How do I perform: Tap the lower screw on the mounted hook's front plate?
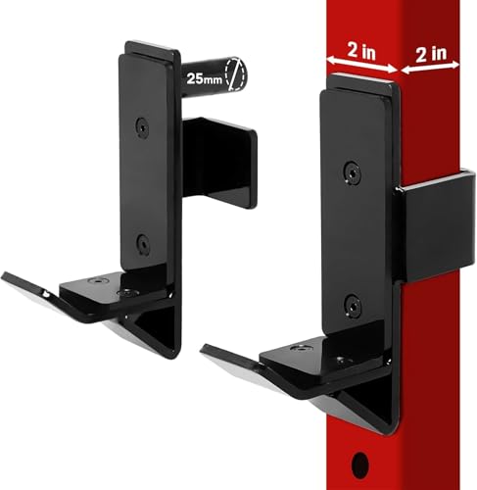coord(349,300)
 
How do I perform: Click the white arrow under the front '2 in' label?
coord(358,65)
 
